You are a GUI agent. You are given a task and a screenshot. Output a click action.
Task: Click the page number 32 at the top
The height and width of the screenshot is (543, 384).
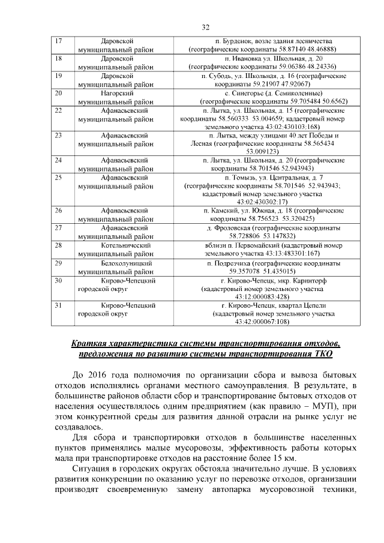tap(205, 27)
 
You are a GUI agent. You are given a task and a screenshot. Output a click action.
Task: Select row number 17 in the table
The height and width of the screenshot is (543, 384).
tap(59, 40)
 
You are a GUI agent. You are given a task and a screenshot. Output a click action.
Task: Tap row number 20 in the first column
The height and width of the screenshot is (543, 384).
tap(59, 93)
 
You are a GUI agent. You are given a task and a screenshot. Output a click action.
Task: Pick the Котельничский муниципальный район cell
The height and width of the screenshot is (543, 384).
tap(116, 250)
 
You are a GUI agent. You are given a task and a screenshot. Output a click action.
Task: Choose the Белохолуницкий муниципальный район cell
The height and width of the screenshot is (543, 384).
tap(116, 267)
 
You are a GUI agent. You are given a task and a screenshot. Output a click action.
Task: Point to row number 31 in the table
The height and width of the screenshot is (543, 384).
tap(59, 305)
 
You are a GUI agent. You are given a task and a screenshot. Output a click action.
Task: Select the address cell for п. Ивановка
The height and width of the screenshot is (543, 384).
tap(262, 62)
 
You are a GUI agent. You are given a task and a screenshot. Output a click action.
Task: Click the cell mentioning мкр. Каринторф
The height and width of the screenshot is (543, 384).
tap(262, 289)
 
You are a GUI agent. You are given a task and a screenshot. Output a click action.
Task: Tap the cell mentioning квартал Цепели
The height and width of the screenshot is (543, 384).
tap(262, 313)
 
